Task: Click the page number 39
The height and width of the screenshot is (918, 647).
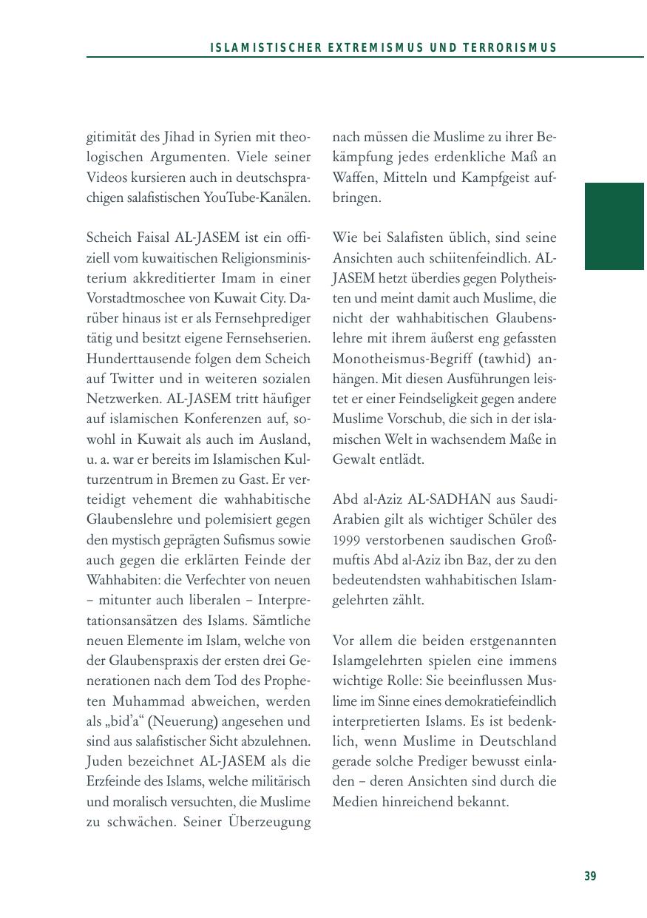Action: tap(590, 877)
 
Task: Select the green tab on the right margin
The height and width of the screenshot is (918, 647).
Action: tap(614, 226)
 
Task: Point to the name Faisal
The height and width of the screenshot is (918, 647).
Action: tap(153, 238)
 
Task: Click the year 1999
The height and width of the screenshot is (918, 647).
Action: tap(348, 539)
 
